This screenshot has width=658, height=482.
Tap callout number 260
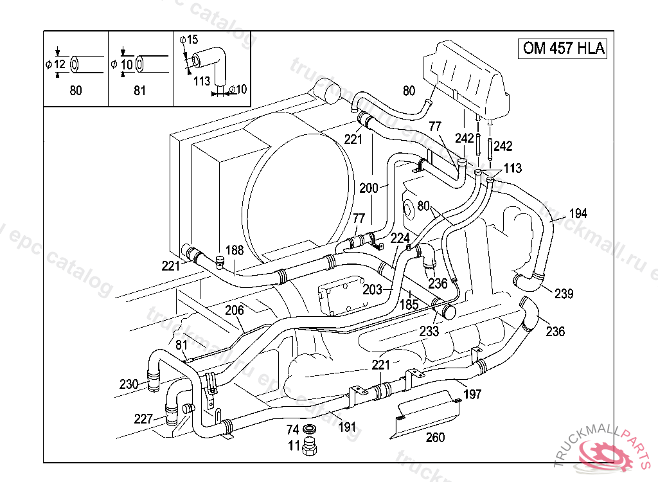click(x=436, y=438)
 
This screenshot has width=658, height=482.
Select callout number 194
click(x=578, y=213)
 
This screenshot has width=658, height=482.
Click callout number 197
click(x=472, y=394)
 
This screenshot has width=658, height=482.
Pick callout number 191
click(x=347, y=427)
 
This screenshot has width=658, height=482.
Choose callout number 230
click(x=129, y=384)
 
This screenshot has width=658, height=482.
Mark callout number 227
click(x=143, y=419)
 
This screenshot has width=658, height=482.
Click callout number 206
click(x=235, y=310)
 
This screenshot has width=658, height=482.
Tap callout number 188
click(x=235, y=251)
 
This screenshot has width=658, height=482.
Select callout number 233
click(x=429, y=332)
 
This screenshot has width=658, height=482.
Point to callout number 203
click(x=373, y=290)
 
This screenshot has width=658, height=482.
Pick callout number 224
click(x=400, y=238)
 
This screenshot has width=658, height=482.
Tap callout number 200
click(x=369, y=188)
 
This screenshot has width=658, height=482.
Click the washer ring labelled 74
click(x=310, y=429)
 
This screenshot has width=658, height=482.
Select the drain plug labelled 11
click(x=311, y=445)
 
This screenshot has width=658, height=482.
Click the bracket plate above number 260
click(x=429, y=413)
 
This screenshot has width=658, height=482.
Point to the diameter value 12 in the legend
click(x=60, y=64)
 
